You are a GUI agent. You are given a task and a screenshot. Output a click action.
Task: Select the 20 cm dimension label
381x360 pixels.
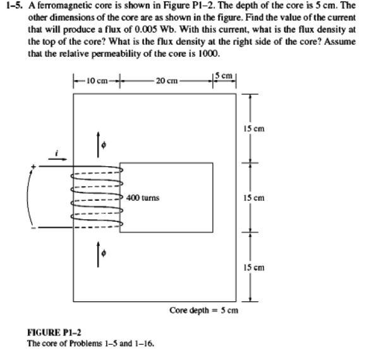coord(167,81)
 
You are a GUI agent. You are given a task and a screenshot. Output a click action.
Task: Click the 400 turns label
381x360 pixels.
coord(143,198)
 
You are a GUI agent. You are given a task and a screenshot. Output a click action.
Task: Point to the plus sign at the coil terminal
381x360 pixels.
coord(34,167)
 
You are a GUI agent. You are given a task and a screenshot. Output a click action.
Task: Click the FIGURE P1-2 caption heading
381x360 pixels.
coord(54,333)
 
